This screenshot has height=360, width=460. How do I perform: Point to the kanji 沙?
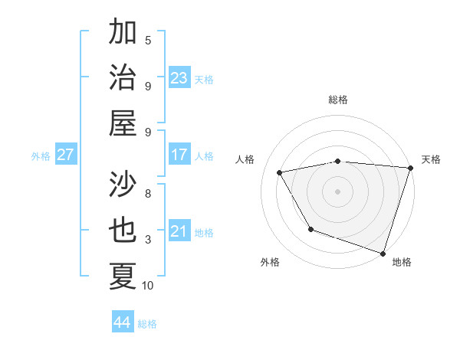click(x=123, y=185)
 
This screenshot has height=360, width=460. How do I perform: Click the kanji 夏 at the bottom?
click(x=123, y=276)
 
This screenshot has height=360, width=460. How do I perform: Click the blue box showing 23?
click(x=179, y=77)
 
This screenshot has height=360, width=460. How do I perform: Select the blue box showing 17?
click(x=179, y=155)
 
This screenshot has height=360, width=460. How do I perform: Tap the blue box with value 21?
click(x=179, y=231)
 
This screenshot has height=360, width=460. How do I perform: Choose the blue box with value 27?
click(x=66, y=155)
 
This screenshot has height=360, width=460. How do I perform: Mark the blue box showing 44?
click(x=123, y=322)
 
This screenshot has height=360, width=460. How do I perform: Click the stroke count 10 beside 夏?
click(x=148, y=286)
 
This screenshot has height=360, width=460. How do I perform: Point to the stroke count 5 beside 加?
click(x=148, y=40)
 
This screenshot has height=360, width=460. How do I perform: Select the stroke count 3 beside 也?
click(x=148, y=240)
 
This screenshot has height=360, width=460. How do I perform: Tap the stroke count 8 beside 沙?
click(x=148, y=194)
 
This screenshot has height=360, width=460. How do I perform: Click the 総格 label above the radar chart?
click(x=338, y=100)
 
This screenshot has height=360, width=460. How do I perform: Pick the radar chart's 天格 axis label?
click(x=431, y=159)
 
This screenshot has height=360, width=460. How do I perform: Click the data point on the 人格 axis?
click(x=280, y=172)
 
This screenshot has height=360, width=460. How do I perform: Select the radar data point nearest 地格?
click(x=383, y=252)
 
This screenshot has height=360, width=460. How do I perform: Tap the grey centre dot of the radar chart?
click(x=337, y=191)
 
